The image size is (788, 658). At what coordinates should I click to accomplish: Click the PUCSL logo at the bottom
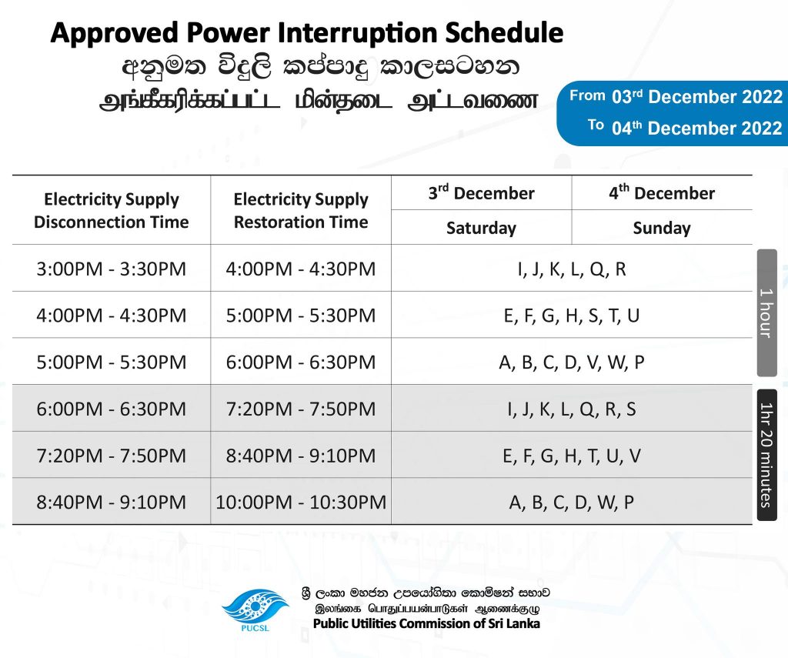(255, 610)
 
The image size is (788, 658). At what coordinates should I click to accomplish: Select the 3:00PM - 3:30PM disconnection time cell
(111, 269)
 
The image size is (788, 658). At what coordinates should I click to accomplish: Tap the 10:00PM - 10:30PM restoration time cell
(301, 503)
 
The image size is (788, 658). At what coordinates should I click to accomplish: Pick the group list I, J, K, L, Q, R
(572, 269)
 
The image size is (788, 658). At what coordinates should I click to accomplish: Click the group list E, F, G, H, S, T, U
(572, 316)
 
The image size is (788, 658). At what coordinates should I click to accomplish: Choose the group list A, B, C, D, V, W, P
(572, 362)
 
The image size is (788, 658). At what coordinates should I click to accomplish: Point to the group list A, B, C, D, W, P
(572, 503)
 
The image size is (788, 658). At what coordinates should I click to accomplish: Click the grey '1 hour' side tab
(767, 312)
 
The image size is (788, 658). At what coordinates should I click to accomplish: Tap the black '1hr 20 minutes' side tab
(767, 455)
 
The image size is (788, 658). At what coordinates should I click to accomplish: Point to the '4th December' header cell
(662, 193)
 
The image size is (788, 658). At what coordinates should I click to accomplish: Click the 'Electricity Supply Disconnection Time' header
(111, 211)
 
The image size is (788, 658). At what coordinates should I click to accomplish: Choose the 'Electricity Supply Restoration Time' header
(301, 211)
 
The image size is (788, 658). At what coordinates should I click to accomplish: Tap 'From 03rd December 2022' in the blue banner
(676, 96)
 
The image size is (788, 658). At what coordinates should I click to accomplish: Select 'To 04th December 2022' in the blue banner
(685, 128)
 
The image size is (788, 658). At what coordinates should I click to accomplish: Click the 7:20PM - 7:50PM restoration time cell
(301, 409)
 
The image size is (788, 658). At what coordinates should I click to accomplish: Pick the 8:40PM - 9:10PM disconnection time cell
(111, 503)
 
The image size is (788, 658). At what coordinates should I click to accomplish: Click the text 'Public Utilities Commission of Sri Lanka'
(426, 624)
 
